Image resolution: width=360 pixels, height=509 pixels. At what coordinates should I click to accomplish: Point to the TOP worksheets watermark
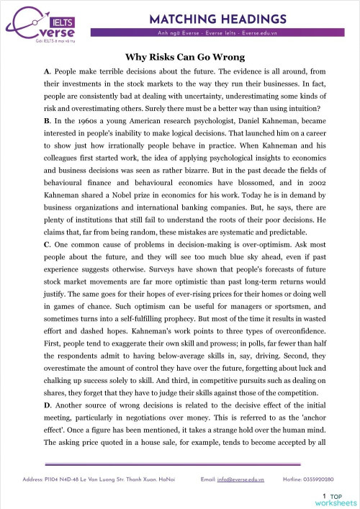click(x=338, y=498)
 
